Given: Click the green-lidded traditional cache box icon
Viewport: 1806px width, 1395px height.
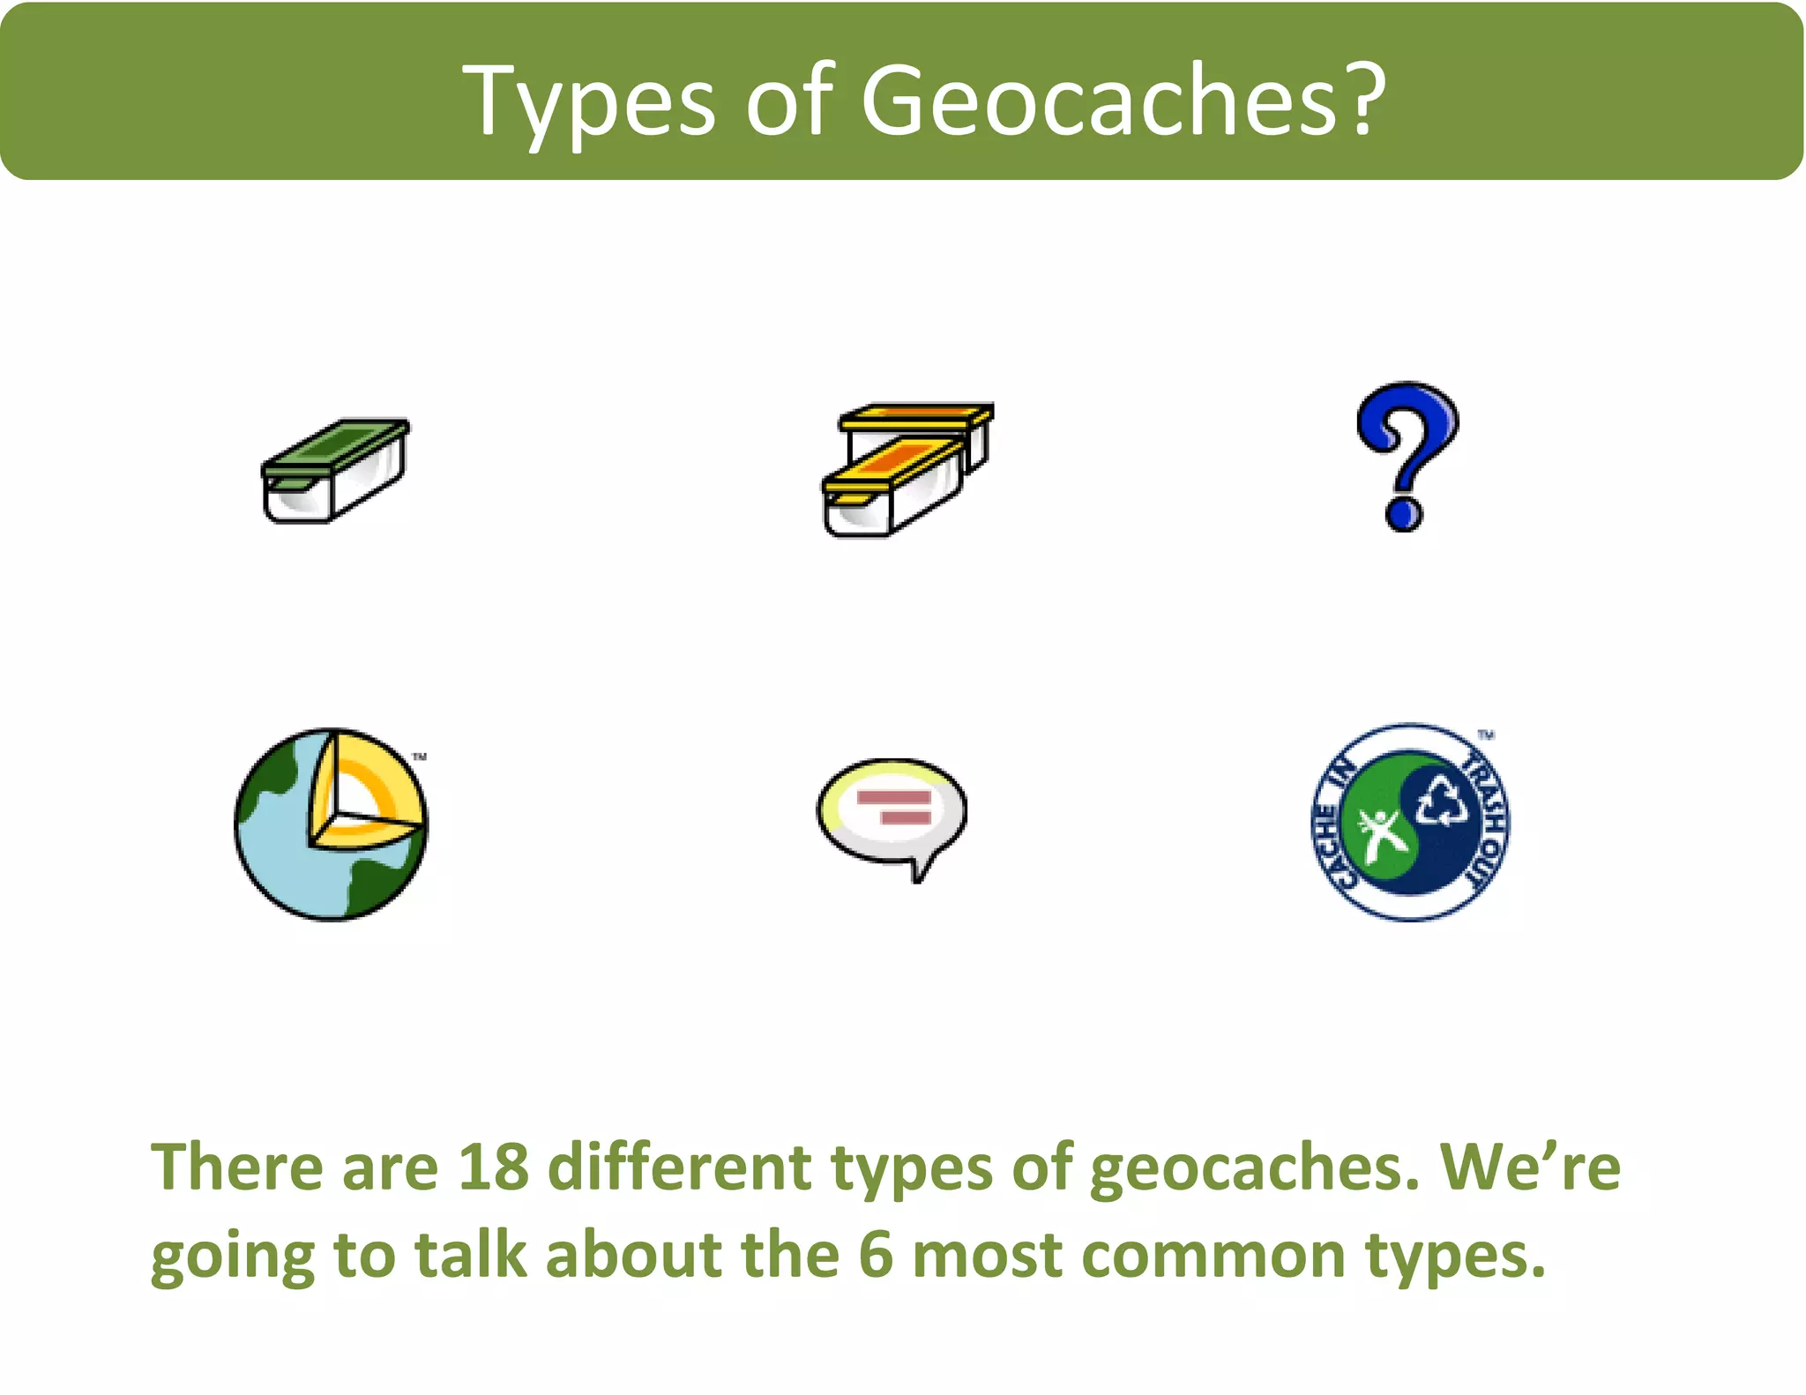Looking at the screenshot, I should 335,470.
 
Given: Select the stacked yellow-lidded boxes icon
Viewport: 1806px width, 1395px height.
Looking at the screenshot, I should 907,470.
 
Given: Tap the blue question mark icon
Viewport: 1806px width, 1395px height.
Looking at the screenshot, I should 1407,455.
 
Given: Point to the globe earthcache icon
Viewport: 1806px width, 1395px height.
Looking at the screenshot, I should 332,824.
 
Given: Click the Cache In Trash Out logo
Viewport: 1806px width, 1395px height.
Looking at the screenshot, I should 1410,823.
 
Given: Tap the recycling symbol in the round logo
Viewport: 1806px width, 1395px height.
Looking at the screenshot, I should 1442,799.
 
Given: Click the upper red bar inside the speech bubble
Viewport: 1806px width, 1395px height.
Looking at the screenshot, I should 894,798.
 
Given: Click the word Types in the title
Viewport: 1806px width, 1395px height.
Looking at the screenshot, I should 589,101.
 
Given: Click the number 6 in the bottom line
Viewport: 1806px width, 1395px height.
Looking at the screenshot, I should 876,1255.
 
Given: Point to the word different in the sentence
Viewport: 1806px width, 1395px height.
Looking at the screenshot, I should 679,1167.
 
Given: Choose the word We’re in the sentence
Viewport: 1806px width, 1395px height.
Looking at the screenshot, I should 1531,1167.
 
